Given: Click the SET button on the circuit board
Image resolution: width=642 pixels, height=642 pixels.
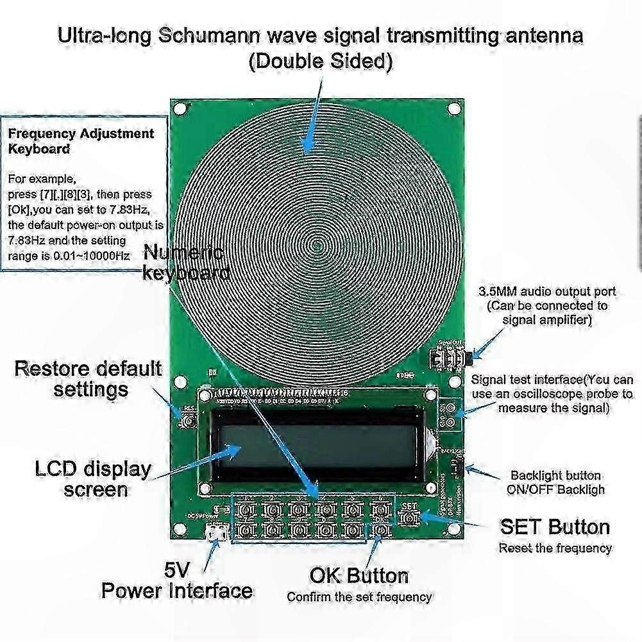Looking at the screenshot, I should tap(409, 516).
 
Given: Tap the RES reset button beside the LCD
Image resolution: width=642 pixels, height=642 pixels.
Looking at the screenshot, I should tap(189, 421).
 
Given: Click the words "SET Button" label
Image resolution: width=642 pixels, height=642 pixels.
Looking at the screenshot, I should tap(555, 527).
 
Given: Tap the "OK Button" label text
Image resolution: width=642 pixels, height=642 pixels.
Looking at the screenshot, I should tap(359, 575).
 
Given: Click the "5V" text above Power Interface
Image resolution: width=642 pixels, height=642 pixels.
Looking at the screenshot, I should tap(176, 569).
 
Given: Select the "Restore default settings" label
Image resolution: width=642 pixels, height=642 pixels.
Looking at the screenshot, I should tap(89, 378).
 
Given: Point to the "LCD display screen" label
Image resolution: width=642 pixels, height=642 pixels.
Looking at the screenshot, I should tap(93, 478).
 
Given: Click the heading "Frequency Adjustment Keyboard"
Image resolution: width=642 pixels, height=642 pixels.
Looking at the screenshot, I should tap(81, 141).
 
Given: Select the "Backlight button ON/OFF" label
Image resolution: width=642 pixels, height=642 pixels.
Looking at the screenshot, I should tap(556, 482).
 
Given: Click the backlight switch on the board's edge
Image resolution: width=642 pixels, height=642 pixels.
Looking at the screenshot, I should tap(458, 468).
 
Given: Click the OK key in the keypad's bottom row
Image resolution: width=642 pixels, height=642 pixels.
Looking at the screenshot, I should tap(382, 530).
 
